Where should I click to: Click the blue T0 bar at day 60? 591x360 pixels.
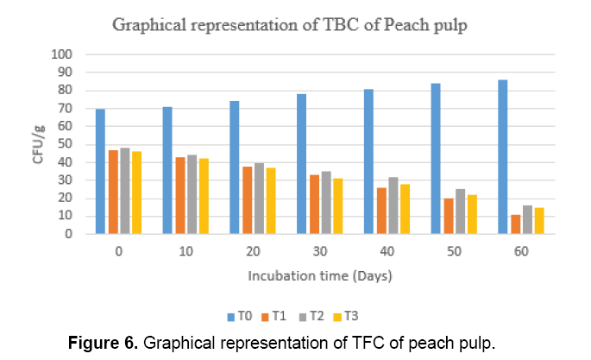502,156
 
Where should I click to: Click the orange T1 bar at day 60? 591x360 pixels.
515,224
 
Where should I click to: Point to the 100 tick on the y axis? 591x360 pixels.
64,54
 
